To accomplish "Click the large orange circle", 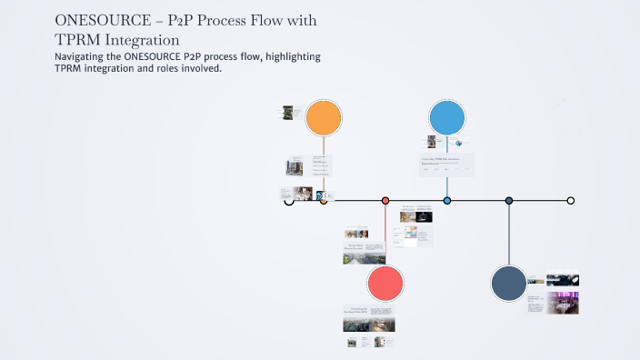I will click(323, 118).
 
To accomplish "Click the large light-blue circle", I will click(447, 118).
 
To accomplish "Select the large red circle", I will click(385, 284).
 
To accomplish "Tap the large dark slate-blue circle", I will click(508, 284).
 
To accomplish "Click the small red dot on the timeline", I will click(385, 200).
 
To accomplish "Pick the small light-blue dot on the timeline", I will click(447, 200).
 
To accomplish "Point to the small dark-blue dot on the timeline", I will click(509, 200).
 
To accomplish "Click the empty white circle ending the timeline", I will click(571, 200).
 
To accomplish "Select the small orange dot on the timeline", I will click(324, 200).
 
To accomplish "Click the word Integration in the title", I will click(140, 40).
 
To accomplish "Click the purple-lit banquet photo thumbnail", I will click(563, 303).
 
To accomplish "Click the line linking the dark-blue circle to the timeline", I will click(509, 235).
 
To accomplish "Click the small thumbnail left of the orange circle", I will click(288, 113).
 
